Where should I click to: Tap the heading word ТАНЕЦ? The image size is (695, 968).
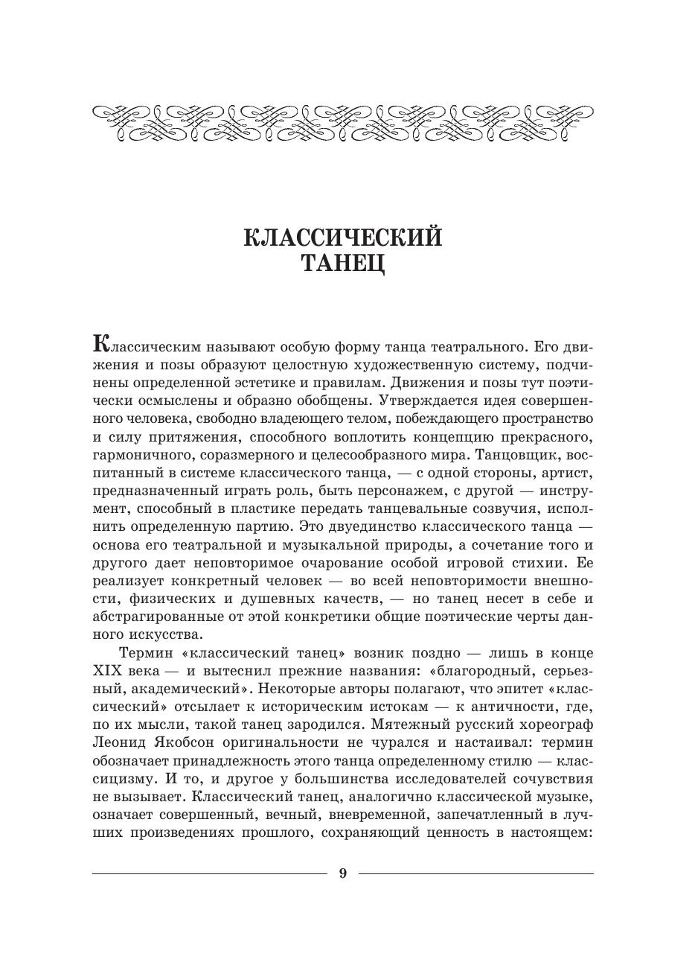[343, 264]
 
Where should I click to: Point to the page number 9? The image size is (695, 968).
[343, 874]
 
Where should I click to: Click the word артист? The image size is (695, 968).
[566, 472]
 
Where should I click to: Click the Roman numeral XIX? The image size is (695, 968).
[108, 671]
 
